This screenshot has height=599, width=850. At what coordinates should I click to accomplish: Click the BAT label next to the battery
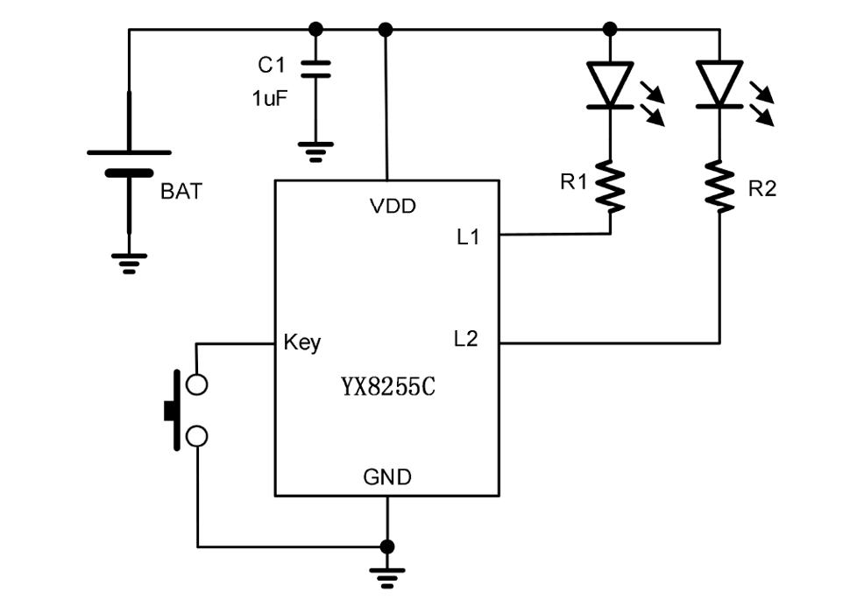181,192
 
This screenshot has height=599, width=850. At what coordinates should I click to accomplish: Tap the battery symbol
129,163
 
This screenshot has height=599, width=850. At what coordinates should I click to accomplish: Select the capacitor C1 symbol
316,68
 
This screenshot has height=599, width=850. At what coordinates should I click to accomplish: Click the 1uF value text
270,99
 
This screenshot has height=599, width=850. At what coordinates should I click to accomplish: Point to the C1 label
272,66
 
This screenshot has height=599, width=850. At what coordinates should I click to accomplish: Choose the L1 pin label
468,236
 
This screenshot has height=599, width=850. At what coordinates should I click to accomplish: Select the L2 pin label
466,339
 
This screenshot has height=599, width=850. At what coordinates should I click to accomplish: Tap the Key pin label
302,342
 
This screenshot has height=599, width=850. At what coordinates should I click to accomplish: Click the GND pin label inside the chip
387,477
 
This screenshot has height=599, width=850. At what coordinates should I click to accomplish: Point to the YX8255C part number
387,387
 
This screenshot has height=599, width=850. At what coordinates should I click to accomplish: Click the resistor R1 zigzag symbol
611,186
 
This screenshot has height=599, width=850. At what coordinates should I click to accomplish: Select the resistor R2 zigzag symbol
719,186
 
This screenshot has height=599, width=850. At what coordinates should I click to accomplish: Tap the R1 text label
574,182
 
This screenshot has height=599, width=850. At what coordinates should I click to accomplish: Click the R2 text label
761,188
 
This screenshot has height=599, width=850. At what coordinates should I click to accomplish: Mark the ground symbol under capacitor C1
316,152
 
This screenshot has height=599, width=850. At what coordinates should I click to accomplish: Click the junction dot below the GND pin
387,546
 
